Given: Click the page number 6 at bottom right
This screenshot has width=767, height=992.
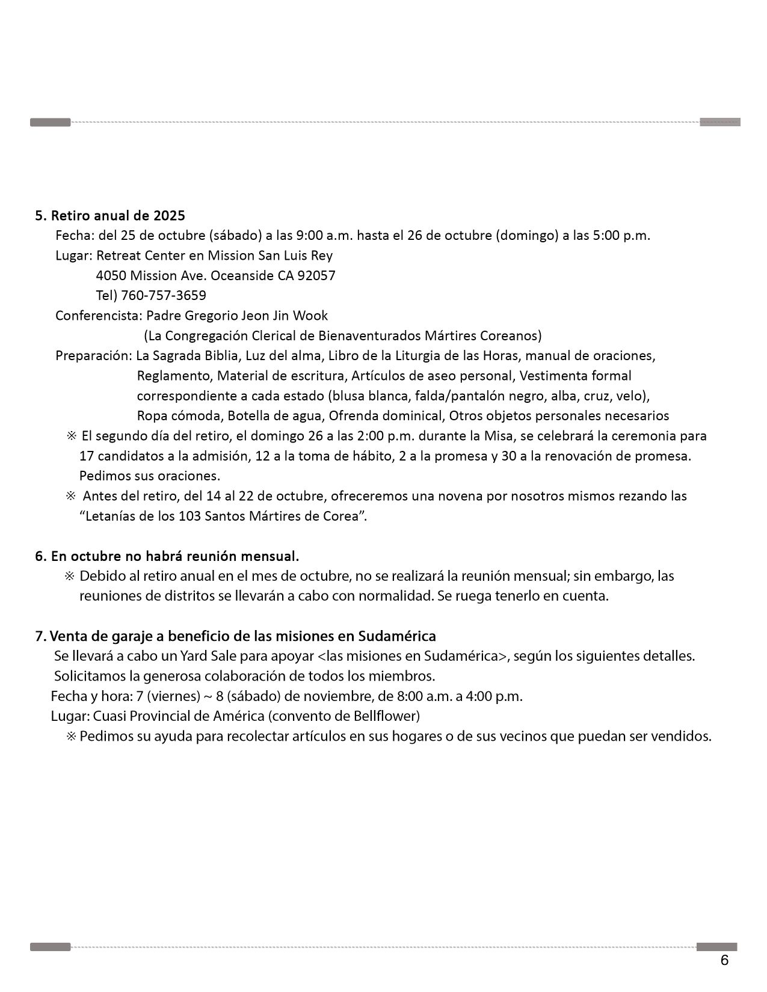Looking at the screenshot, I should point(724,960).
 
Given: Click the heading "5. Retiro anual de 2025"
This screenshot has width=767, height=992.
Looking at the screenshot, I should point(110,215).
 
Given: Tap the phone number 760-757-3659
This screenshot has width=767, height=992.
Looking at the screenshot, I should point(164,295).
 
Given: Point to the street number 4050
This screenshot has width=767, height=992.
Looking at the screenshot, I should point(111,275).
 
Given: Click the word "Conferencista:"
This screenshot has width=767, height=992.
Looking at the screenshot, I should point(99,315).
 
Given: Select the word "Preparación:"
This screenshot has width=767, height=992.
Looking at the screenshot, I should point(94,355).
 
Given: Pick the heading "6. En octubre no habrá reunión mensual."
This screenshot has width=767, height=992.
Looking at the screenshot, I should point(167,556).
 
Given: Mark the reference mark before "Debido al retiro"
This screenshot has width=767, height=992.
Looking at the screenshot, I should point(69,576).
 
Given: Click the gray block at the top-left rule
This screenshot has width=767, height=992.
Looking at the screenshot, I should point(51,123).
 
